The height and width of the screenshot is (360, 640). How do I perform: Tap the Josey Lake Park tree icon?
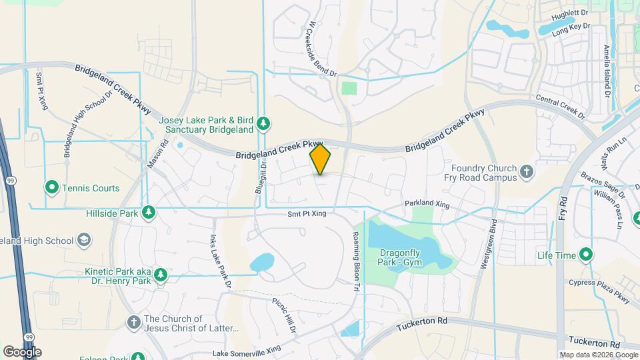264,123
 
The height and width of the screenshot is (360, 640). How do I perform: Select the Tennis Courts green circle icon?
52,188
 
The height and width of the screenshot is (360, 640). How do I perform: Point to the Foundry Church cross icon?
527,172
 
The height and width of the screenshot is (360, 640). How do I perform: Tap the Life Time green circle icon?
586,255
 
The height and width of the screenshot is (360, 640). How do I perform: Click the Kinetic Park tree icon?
159,275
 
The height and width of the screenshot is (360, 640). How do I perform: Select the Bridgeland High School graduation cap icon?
85,240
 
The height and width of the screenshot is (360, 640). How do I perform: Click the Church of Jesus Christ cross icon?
133,323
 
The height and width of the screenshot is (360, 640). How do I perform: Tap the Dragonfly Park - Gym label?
402,258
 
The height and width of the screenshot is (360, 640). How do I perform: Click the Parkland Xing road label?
428,203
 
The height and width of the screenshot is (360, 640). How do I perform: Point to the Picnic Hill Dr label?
283,311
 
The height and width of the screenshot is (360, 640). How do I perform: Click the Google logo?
23,351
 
